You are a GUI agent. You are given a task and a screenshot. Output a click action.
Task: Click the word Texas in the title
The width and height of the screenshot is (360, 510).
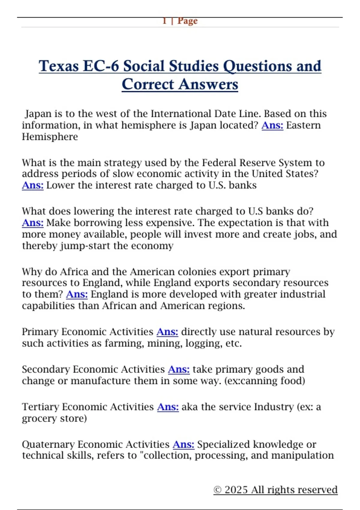[x=59, y=66]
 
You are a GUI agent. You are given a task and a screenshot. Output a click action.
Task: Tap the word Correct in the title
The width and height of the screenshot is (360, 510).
[x=147, y=84]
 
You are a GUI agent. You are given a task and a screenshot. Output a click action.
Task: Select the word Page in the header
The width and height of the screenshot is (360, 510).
[x=187, y=21]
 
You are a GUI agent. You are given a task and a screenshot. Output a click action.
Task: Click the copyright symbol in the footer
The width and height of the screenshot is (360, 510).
[x=217, y=490]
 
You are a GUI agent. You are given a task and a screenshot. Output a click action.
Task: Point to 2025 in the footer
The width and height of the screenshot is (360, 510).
[x=236, y=490]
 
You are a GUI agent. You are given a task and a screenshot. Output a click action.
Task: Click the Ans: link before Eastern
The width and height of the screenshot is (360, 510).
[x=272, y=125]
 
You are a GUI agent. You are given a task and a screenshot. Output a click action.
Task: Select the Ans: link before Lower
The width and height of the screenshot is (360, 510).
[x=33, y=185]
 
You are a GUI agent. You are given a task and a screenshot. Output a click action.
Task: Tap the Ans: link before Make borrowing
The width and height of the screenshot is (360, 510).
[x=33, y=223]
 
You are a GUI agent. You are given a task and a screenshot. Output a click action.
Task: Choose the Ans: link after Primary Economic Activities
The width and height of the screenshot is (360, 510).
[x=167, y=331]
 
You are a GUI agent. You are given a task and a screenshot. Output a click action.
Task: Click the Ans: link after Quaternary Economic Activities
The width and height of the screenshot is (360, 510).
[x=183, y=444]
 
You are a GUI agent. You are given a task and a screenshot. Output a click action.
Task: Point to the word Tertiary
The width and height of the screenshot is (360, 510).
[x=40, y=407]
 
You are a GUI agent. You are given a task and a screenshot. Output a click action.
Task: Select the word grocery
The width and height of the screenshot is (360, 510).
[x=40, y=418]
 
